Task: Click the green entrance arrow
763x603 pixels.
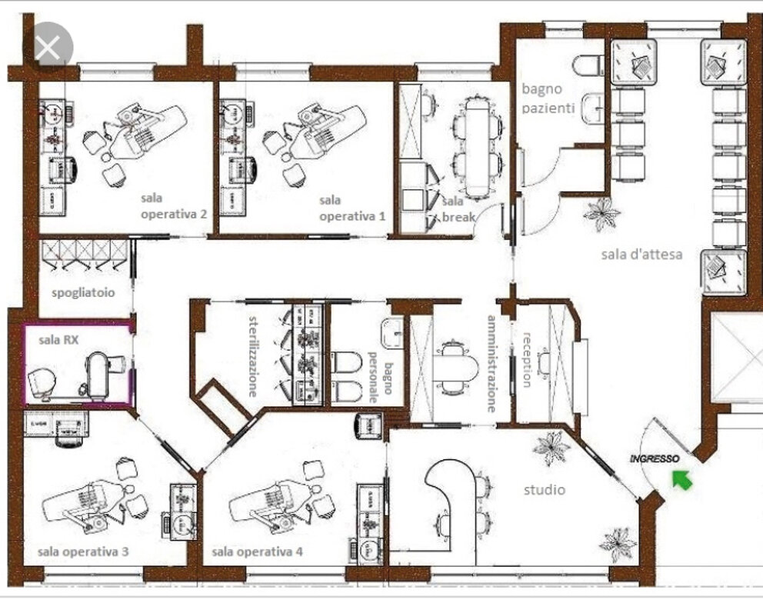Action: click(682, 479)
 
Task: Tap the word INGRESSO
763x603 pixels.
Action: click(654, 458)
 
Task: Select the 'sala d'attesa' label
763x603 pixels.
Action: click(641, 254)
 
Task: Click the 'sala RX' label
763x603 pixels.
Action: click(58, 340)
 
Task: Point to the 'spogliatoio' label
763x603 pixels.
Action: click(83, 292)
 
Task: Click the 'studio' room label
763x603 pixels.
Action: click(544, 490)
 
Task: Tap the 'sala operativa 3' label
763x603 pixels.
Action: click(83, 551)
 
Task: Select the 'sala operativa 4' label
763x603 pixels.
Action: click(257, 551)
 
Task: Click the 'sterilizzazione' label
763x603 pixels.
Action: click(253, 356)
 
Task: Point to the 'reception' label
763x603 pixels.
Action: click(527, 359)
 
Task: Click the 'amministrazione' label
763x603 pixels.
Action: click(492, 364)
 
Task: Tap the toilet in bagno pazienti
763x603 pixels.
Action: click(588, 65)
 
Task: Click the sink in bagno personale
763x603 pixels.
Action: click(392, 333)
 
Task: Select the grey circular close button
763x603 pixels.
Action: click(48, 47)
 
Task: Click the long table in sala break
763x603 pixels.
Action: click(478, 146)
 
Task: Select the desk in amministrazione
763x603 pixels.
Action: click(455, 366)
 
